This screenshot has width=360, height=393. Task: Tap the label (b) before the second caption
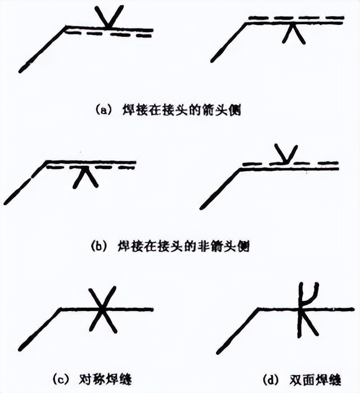(x=96, y=246)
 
